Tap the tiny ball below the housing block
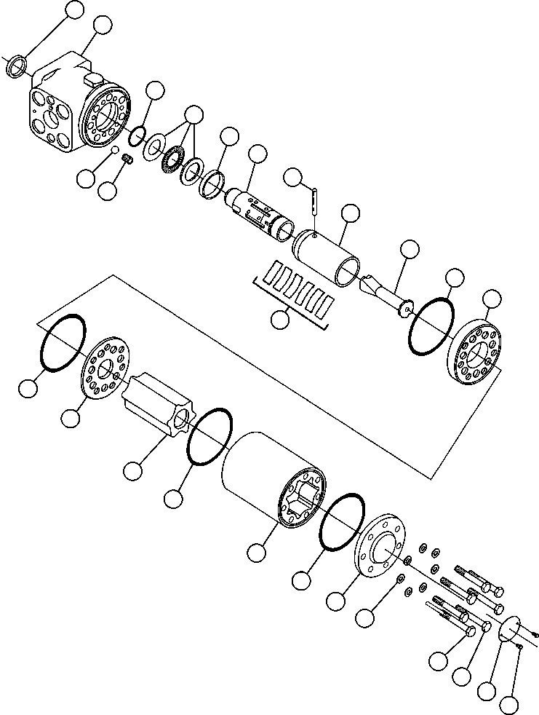pos(114,150)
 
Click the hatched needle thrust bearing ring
pos(172,159)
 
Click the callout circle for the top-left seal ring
pos(74,9)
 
